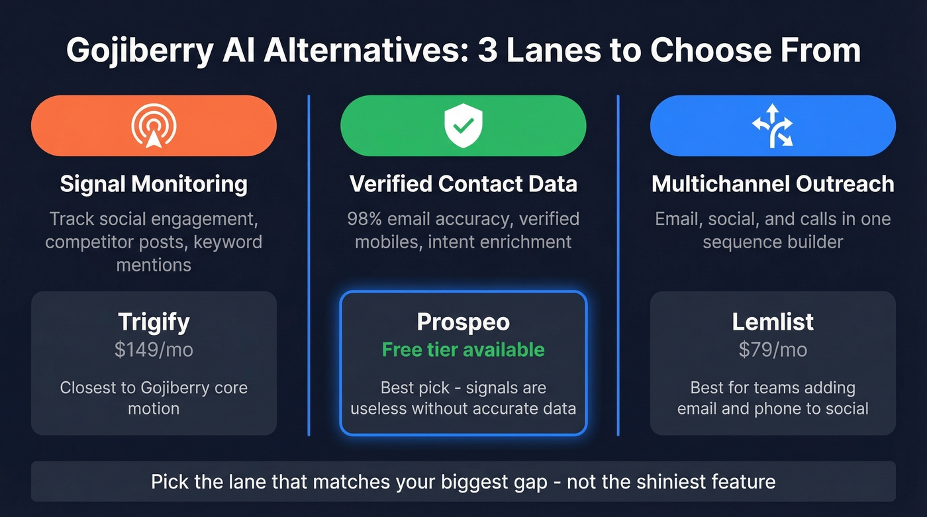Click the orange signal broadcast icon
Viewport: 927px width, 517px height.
[x=154, y=126]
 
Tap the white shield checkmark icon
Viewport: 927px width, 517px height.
[x=463, y=126]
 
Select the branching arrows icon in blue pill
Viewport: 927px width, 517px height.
[x=773, y=125]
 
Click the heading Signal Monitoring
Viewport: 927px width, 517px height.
[x=154, y=184]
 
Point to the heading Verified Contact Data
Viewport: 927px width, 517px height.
[x=463, y=184]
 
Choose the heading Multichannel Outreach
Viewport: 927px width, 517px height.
[x=773, y=184]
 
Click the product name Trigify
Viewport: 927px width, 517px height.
[x=154, y=322]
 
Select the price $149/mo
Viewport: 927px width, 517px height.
[x=154, y=350]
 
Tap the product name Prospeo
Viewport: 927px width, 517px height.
[x=463, y=322]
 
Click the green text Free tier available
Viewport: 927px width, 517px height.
[x=463, y=350]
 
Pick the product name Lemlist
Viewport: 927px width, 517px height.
[x=773, y=322]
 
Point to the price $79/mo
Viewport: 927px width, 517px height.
[x=773, y=350]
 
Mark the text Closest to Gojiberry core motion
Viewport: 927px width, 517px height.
[x=154, y=398]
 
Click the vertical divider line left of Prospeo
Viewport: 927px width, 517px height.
[x=309, y=265]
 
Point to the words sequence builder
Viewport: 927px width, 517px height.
[x=773, y=242]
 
